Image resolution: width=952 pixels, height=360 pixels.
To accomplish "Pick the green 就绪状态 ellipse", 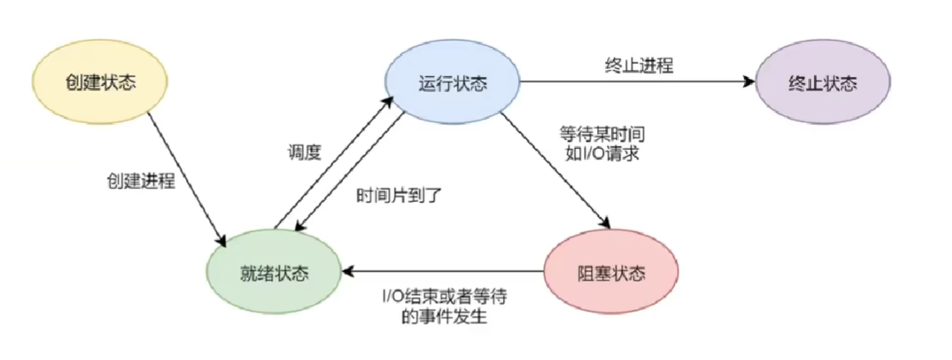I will pos(274,271).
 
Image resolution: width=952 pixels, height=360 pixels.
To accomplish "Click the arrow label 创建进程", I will pos(141,181).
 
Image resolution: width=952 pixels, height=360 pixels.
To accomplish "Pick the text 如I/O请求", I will pos(600,154).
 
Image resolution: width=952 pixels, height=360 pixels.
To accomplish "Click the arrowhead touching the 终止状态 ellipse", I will pos(747,83).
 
